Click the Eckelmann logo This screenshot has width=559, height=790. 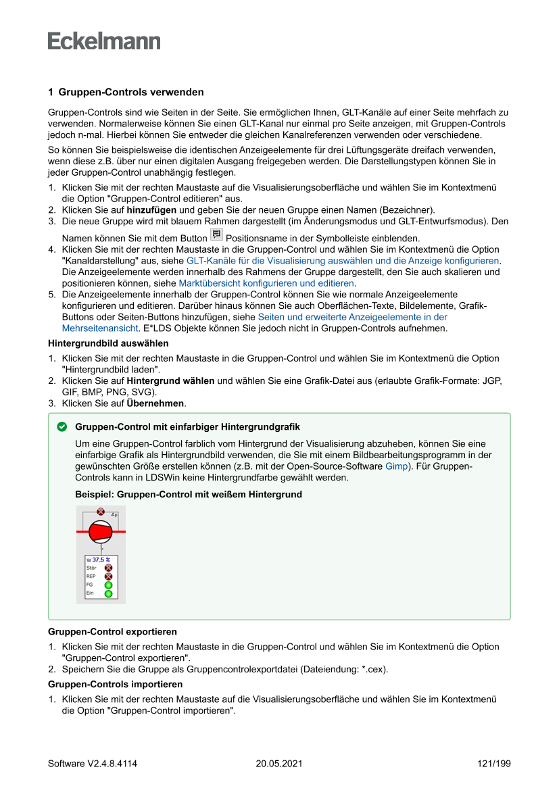point(104,41)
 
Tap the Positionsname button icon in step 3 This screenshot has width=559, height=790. point(216,234)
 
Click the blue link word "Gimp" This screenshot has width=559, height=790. point(396,466)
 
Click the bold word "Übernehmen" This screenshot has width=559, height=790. point(155,403)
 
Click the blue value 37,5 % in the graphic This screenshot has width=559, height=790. point(101,560)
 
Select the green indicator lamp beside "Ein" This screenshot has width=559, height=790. point(108,593)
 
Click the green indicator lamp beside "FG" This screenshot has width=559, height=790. point(108,585)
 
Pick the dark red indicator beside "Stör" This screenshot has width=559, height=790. point(108,568)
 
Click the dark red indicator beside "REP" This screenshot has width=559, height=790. point(108,577)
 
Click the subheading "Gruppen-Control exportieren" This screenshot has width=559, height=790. point(112,632)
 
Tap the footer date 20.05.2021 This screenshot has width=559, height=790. point(279,764)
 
